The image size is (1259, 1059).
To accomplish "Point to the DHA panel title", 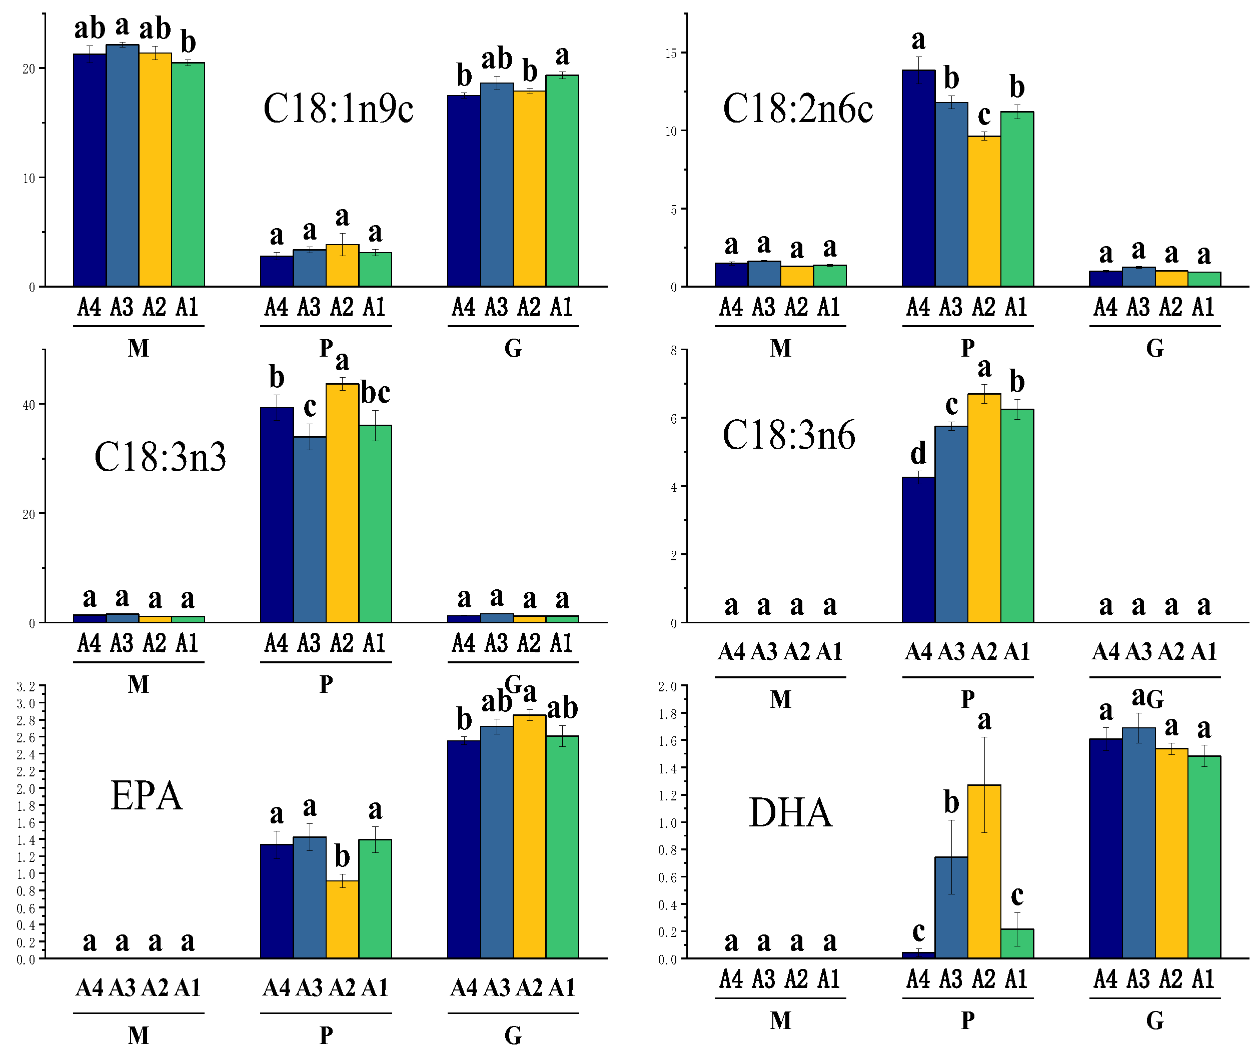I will coord(790,813).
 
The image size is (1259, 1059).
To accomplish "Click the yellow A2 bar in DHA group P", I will coord(983,870).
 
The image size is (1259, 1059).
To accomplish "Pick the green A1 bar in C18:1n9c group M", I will coord(188,174).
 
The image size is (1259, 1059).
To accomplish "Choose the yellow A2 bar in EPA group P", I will coord(342,918).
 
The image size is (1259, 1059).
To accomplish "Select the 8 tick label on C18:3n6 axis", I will coord(674,350).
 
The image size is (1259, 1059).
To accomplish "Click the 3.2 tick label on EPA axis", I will coord(25,686).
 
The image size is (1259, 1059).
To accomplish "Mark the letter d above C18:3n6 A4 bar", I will coord(918,453).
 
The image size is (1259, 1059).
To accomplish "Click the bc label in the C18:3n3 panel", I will coord(375,393).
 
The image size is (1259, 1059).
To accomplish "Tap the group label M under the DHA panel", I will coord(780,1020).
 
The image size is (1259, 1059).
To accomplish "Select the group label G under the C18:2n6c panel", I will coord(1154,348).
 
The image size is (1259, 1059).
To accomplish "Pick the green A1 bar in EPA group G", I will coord(562,846).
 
